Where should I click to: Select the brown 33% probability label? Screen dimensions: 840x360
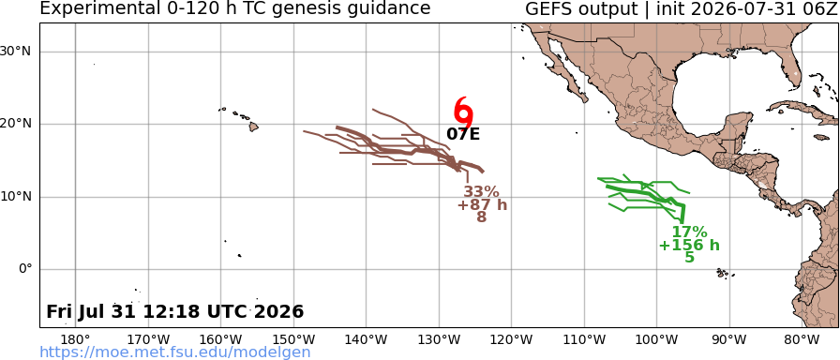pos(481,192)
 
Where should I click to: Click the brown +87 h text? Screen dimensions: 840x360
pos(482,204)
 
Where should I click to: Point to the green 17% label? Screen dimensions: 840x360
pos(689,232)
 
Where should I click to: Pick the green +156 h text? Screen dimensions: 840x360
pos(689,246)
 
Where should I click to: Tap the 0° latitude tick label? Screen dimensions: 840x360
pos(25,269)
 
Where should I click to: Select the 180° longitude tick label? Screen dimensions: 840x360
pos(75,339)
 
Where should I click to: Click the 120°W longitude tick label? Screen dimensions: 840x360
pos(512,339)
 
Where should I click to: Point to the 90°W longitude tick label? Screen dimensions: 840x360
pos(729,339)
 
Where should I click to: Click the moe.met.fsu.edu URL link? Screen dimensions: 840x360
pos(175,352)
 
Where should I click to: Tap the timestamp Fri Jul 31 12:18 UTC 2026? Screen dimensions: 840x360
pos(175,312)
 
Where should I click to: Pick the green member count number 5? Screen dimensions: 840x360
pos(689,258)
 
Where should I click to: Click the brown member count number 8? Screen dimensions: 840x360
pos(482,217)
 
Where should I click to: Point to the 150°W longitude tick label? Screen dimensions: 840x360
pos(293,339)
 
